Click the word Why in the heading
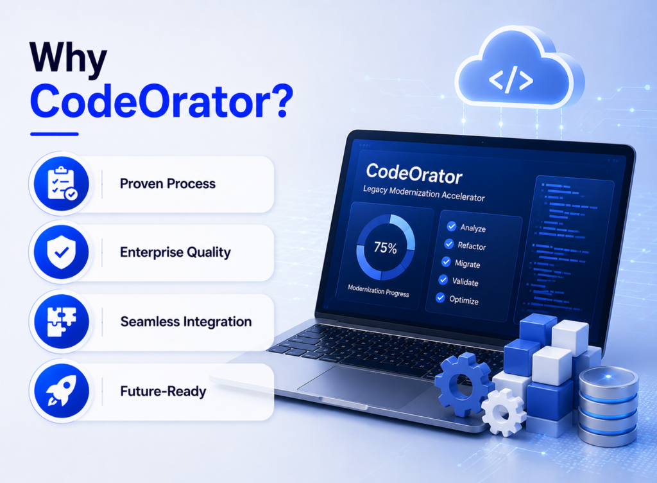(68, 58)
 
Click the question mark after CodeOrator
(279, 101)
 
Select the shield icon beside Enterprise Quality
(62, 252)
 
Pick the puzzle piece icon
(62, 322)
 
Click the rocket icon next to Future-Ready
(62, 391)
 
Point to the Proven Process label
(167, 184)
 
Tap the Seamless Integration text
(186, 322)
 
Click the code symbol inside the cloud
(511, 80)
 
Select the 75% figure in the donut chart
(386, 248)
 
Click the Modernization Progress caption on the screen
(379, 290)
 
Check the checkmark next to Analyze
(451, 226)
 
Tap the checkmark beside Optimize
(440, 297)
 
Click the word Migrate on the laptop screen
(468, 264)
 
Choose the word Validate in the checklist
(465, 282)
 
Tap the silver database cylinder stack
(608, 406)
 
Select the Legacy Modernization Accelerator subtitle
(423, 193)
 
